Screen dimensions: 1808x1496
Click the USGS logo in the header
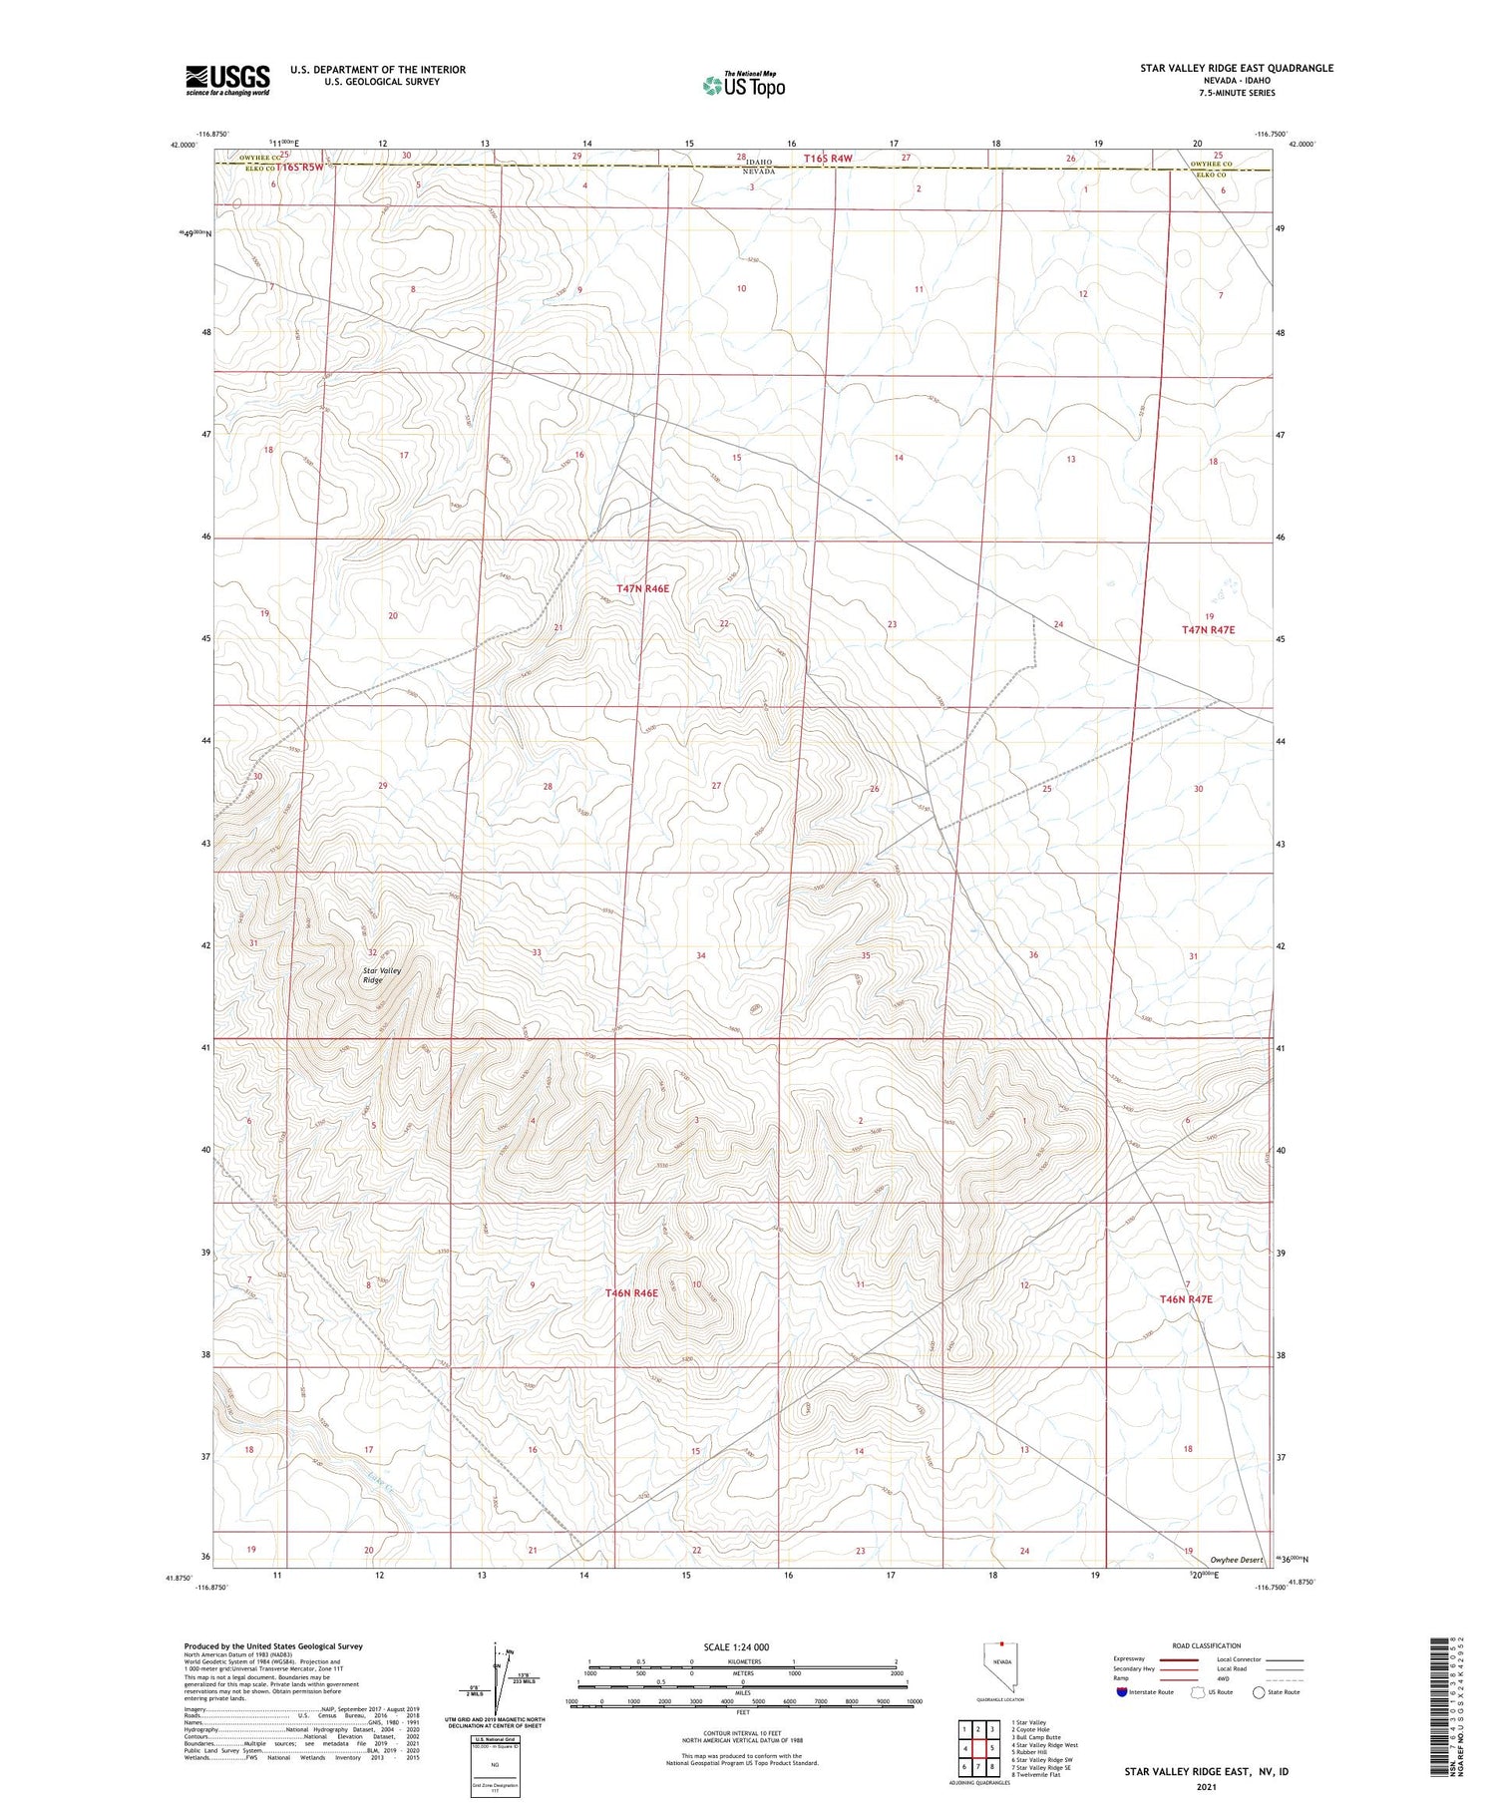[227, 80]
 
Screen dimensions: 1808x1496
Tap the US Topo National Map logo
[744, 86]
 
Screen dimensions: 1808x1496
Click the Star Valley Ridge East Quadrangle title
[1237, 68]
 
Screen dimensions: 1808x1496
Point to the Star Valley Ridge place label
[374, 974]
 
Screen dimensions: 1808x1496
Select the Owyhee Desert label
[1236, 1559]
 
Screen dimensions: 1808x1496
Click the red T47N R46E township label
[642, 589]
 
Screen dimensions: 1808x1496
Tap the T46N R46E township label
[631, 1292]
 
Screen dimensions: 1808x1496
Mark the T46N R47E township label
[1186, 1299]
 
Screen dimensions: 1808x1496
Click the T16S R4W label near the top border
[829, 159]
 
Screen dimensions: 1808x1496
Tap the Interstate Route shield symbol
[1122, 1691]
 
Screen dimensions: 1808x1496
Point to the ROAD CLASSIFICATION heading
[1207, 1645]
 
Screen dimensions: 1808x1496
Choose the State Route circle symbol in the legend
[1259, 1691]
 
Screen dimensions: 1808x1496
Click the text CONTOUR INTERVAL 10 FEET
[742, 1732]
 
